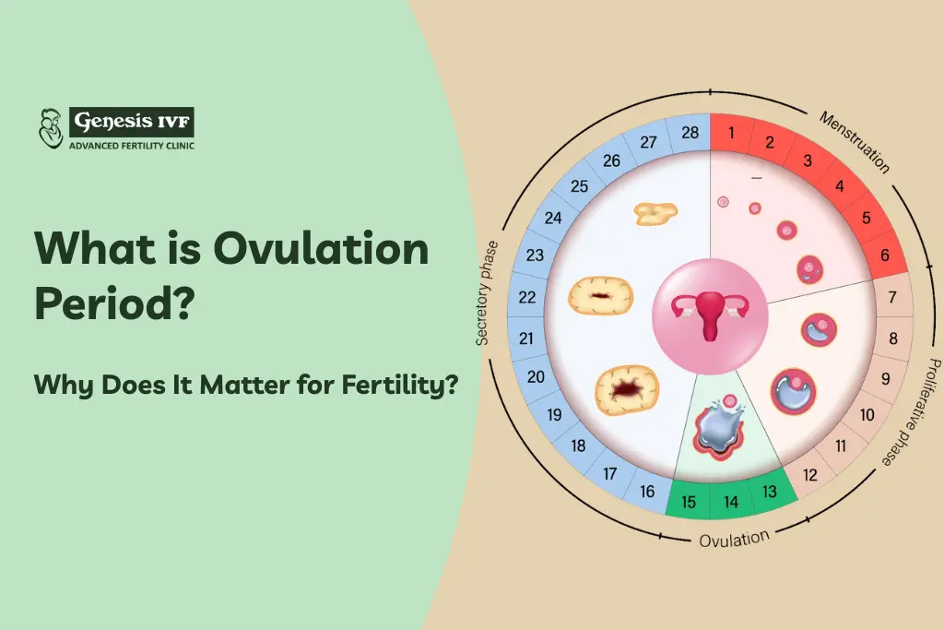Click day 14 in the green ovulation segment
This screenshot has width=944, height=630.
click(731, 503)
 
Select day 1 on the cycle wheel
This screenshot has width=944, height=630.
click(731, 133)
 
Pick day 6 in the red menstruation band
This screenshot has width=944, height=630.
click(884, 256)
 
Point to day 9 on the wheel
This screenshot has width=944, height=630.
click(885, 377)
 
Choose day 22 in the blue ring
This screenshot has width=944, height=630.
click(527, 297)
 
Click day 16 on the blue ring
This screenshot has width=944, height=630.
click(647, 492)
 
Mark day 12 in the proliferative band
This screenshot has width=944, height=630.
click(810, 475)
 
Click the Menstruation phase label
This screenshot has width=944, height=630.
click(854, 142)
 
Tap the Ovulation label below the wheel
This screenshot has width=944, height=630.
click(734, 540)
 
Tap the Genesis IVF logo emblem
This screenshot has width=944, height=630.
click(51, 128)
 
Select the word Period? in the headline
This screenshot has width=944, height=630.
click(114, 303)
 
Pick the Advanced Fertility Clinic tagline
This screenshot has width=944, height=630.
click(131, 145)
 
